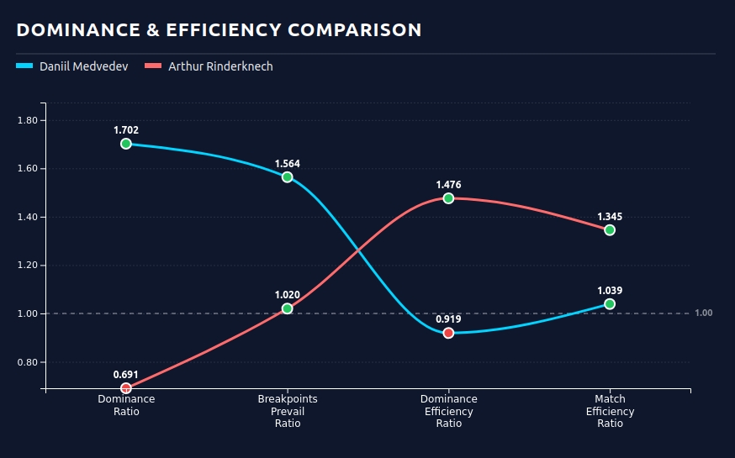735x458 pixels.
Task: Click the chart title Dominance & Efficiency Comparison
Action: pos(219,30)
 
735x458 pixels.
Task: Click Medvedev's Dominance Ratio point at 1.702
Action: pos(126,144)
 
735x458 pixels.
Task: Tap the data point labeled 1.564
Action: pos(288,177)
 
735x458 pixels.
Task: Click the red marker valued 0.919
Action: pos(448,333)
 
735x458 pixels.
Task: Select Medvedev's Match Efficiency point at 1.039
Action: pos(610,304)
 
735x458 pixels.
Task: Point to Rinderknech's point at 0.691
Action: pos(126,388)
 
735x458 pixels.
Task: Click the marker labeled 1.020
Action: pos(288,308)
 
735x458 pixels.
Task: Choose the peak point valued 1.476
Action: pos(448,198)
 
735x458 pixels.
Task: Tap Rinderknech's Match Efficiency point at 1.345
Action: pos(610,230)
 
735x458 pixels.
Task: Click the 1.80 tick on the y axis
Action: pos(27,120)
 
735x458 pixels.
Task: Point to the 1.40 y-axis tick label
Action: pos(27,217)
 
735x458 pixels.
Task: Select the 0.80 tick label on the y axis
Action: pos(27,362)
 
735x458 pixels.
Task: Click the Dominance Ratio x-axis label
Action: pos(126,405)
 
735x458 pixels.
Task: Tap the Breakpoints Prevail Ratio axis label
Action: pos(288,411)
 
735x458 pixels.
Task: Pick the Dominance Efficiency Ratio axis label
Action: pos(448,411)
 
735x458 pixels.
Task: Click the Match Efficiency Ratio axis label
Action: pos(610,411)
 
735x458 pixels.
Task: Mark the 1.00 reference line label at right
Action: pos(704,313)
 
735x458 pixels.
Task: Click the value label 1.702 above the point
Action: pos(126,130)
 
